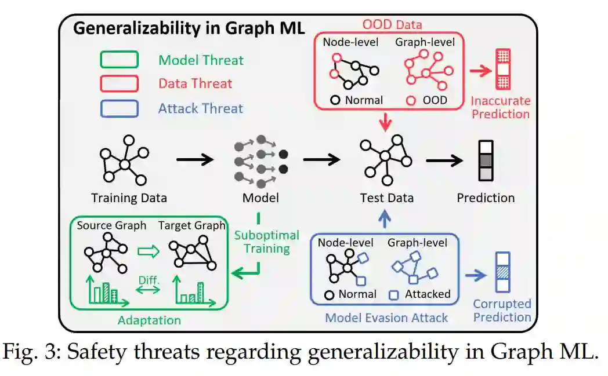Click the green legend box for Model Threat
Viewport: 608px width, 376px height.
(x=120, y=60)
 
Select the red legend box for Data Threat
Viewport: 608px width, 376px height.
(x=120, y=83)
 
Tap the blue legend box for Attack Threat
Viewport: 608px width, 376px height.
(x=120, y=108)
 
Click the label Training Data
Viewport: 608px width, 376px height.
(x=129, y=198)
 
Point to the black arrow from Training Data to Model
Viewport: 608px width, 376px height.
(x=194, y=158)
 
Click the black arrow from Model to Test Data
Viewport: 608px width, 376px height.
(x=321, y=158)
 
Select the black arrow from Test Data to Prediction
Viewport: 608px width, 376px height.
(x=444, y=158)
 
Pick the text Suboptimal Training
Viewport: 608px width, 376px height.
(x=266, y=242)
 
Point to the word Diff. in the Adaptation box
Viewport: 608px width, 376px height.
(x=147, y=279)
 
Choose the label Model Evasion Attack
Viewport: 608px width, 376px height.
(x=386, y=317)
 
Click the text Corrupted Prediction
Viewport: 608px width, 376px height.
(x=502, y=311)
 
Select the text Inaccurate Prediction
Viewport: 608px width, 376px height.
(x=500, y=107)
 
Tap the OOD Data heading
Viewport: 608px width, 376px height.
(x=392, y=24)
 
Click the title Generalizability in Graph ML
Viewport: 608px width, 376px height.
(x=189, y=28)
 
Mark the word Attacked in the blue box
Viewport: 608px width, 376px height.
(x=428, y=294)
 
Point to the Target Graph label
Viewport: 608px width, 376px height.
(x=191, y=226)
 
